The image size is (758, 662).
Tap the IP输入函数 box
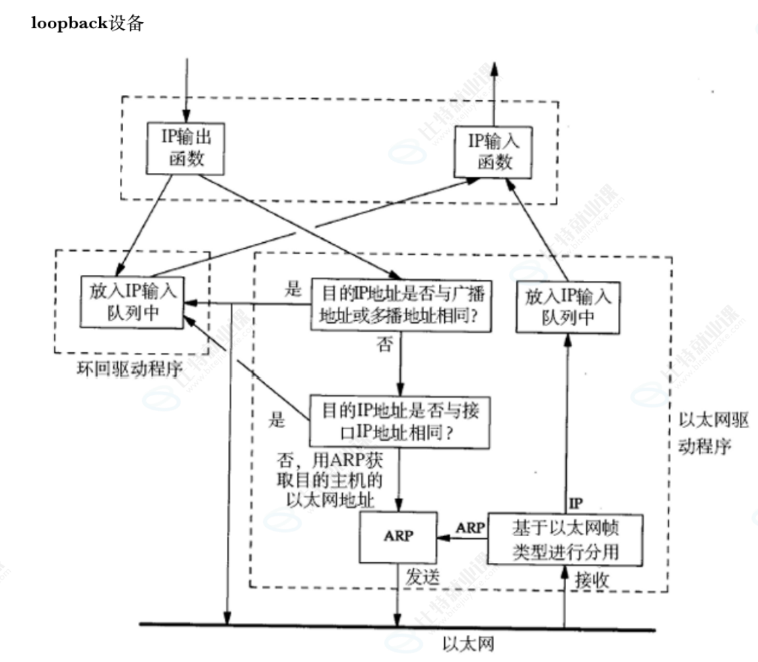click(x=494, y=152)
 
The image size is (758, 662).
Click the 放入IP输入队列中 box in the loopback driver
click(x=133, y=302)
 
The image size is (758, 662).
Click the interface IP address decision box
click(x=400, y=421)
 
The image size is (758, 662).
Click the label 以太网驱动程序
click(x=710, y=433)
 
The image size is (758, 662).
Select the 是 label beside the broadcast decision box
click(x=292, y=291)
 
